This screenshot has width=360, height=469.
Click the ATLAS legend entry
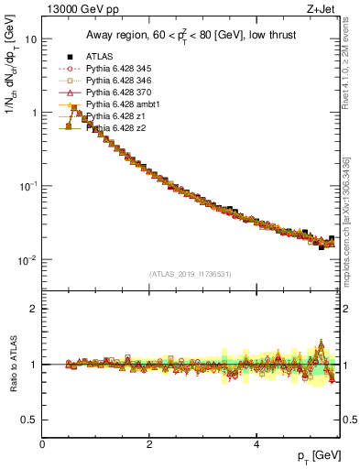pyautogui.click(x=100, y=57)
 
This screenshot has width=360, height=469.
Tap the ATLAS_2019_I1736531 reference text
pyautogui.click(x=190, y=274)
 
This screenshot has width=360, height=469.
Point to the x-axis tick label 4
pyautogui.click(x=256, y=444)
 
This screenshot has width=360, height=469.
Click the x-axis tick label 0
pyautogui.click(x=42, y=444)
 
